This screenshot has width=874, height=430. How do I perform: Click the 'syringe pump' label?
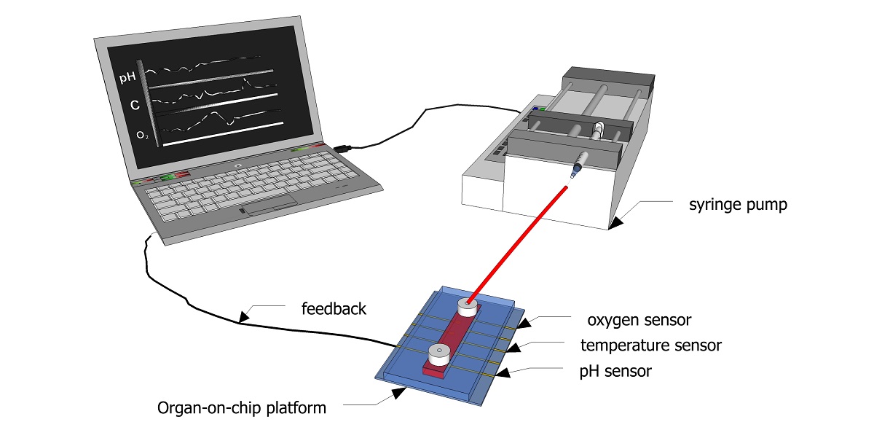click(738, 205)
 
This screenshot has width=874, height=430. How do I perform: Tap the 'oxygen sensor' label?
click(639, 320)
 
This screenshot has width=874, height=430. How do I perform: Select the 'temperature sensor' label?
click(651, 345)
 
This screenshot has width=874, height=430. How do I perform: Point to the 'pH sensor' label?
click(615, 372)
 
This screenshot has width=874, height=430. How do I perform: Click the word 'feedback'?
click(334, 309)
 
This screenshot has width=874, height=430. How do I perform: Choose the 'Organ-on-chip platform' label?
click(242, 408)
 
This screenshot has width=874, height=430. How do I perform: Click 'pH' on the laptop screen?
click(127, 77)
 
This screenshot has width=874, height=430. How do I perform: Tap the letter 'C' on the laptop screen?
click(135, 105)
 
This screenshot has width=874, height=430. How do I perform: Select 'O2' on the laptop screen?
click(142, 136)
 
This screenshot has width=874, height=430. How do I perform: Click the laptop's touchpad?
click(270, 206)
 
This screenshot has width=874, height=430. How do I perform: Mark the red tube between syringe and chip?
click(517, 244)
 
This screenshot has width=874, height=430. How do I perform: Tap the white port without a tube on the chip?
click(440, 354)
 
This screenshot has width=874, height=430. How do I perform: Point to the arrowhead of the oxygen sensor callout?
click(525, 323)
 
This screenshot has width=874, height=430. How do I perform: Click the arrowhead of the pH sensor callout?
click(503, 372)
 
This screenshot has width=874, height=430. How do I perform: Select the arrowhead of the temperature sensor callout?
click(513, 347)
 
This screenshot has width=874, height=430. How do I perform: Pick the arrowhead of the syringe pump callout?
click(615, 224)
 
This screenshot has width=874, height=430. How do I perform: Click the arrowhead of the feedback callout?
click(244, 317)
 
